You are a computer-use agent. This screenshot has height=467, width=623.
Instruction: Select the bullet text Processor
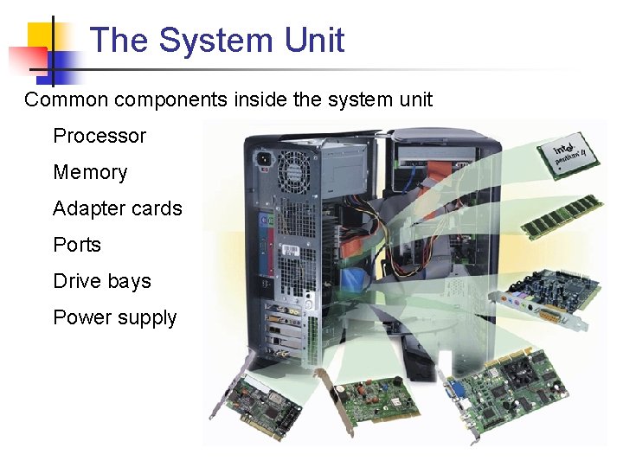[x=100, y=136]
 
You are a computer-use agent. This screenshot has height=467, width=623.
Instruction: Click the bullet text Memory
[x=90, y=172]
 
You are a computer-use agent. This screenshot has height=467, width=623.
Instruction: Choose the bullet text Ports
[x=77, y=245]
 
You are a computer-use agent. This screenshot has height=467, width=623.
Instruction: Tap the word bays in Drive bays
[x=130, y=282]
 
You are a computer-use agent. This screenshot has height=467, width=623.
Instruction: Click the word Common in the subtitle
[x=66, y=99]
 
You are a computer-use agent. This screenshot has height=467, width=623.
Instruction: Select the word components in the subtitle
[x=172, y=99]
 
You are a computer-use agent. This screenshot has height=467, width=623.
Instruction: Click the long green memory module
[x=562, y=216]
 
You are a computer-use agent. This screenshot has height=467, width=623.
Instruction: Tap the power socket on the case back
[x=261, y=159]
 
